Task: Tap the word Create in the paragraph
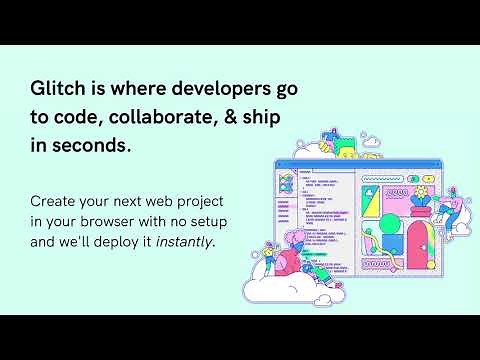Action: pos(54,201)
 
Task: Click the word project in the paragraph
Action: pos(231,201)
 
